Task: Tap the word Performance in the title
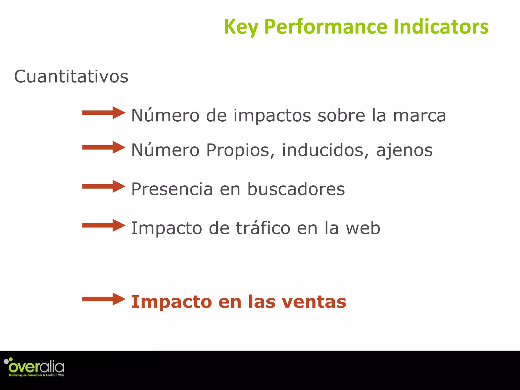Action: [x=326, y=27]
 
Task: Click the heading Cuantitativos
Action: [x=71, y=76]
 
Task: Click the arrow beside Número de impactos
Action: [x=104, y=113]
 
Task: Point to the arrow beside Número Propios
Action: [x=104, y=147]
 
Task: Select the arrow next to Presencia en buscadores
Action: [x=104, y=186]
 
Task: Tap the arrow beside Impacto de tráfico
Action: [x=104, y=225]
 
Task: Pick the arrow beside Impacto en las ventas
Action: [x=104, y=299]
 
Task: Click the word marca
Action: [x=419, y=116]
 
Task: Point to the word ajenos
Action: [x=404, y=150]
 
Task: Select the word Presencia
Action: [x=172, y=189]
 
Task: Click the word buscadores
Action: [x=296, y=189]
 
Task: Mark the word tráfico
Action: [x=263, y=228]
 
